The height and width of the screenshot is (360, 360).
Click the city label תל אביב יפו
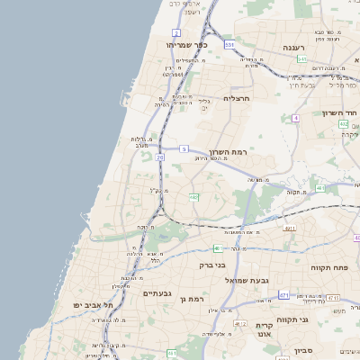94,306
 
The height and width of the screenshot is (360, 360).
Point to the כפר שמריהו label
186,44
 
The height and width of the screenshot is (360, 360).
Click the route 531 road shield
229,43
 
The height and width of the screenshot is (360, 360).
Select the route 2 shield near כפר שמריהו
176,32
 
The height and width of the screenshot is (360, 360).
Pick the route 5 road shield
184,148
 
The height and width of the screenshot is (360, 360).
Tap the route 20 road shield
159,157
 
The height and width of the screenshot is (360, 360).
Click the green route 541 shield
302,58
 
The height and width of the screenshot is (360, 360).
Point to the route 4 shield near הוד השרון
295,118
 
